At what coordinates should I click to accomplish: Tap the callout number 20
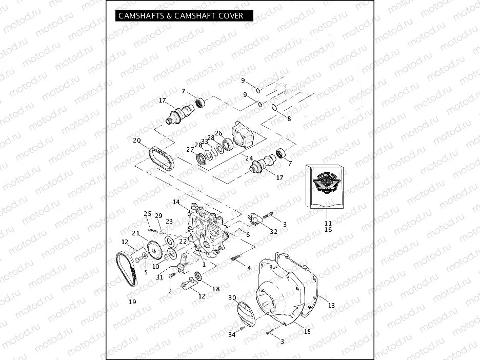(x=136, y=141)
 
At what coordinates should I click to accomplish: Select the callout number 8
(x=289, y=118)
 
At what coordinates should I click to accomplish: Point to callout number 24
(x=249, y=158)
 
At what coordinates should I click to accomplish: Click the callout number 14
(x=176, y=203)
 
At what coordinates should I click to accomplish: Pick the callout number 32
(x=274, y=232)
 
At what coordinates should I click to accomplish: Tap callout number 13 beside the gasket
(x=331, y=306)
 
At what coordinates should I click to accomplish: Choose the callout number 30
(x=232, y=298)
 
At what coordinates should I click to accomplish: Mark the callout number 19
(x=132, y=302)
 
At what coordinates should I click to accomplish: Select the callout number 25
(x=147, y=213)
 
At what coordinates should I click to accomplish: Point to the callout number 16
(x=328, y=230)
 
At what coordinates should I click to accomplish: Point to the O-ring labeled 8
(x=275, y=107)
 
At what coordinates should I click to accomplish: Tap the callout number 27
(x=190, y=150)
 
